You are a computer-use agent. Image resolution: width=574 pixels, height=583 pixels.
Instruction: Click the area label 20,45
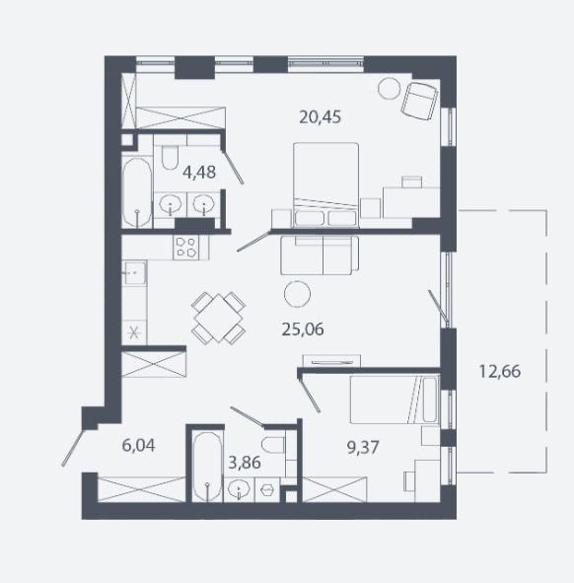pyautogui.click(x=321, y=117)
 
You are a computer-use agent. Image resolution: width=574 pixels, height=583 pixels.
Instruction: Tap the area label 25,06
pyautogui.click(x=303, y=329)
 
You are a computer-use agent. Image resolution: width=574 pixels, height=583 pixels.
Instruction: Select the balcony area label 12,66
pyautogui.click(x=500, y=372)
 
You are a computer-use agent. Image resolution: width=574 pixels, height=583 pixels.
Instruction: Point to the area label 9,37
pyautogui.click(x=363, y=447)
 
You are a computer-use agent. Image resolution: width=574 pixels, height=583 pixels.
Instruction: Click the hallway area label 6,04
pyautogui.click(x=138, y=445)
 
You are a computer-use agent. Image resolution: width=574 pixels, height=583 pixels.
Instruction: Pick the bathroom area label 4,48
pyautogui.click(x=199, y=173)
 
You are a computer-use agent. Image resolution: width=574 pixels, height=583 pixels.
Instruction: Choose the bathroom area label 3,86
pyautogui.click(x=245, y=463)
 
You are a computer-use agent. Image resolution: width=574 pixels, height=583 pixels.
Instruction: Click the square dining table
pyautogui.click(x=219, y=318)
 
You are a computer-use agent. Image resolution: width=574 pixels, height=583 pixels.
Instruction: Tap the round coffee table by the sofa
pyautogui.click(x=297, y=294)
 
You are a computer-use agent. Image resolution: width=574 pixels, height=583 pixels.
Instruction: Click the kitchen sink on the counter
pyautogui.click(x=134, y=272)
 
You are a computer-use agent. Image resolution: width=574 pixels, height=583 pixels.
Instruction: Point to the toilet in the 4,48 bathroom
pyautogui.click(x=171, y=158)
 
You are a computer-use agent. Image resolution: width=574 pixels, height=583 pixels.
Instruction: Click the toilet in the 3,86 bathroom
pyautogui.click(x=273, y=445)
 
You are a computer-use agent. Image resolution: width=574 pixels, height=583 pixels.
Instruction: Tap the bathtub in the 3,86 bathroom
pyautogui.click(x=207, y=466)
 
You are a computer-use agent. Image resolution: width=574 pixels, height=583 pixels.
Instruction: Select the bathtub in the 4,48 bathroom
pyautogui.click(x=137, y=193)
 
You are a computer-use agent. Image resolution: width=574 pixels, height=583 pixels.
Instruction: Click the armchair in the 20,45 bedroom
pyautogui.click(x=419, y=102)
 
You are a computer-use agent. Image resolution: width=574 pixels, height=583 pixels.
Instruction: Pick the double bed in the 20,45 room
pyautogui.click(x=326, y=184)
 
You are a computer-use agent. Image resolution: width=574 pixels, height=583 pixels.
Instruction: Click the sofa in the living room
pyautogui.click(x=320, y=255)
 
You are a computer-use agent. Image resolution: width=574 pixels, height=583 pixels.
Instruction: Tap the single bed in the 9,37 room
pyautogui.click(x=395, y=400)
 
